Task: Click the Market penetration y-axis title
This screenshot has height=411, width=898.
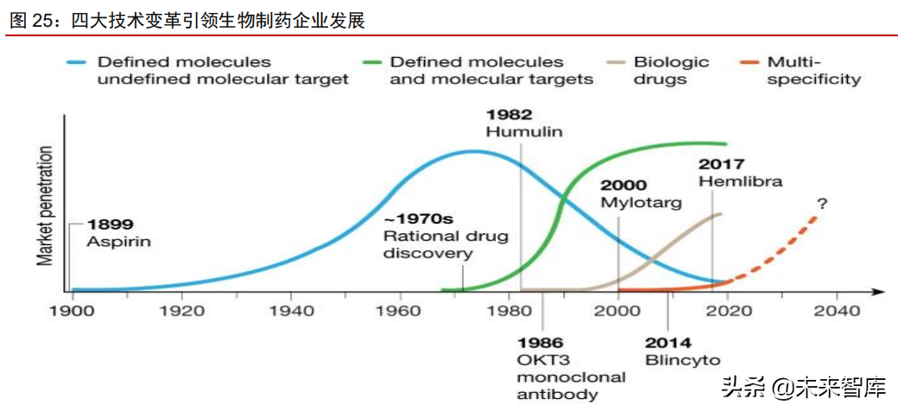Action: pyautogui.click(x=44, y=205)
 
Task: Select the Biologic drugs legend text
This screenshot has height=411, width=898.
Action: pyautogui.click(x=671, y=70)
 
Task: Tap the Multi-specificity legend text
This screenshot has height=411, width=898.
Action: pyautogui.click(x=813, y=70)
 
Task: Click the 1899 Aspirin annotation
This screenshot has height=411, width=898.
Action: pyautogui.click(x=118, y=233)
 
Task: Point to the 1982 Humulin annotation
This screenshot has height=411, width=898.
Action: pyautogui.click(x=523, y=123)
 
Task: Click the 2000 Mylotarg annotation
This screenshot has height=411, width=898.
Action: pyautogui.click(x=641, y=194)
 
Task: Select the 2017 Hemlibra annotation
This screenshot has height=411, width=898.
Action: pyautogui.click(x=740, y=173)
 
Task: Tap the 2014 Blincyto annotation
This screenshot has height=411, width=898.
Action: pyautogui.click(x=682, y=351)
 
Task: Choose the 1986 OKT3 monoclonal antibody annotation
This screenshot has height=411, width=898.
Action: pyautogui.click(x=571, y=369)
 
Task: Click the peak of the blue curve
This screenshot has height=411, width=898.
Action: pyautogui.click(x=471, y=152)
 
